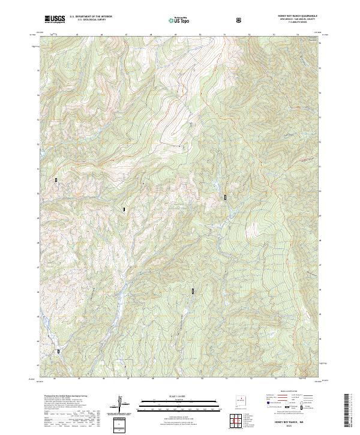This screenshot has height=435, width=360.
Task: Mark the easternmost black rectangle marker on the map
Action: click(226, 197)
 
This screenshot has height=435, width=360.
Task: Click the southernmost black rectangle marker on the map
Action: click(58, 352)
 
